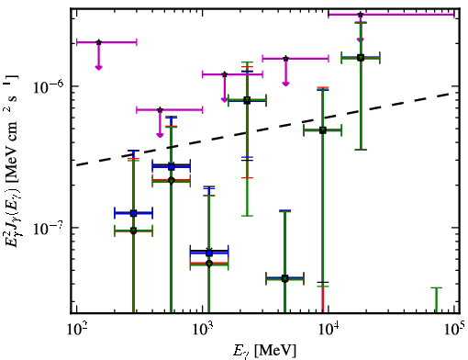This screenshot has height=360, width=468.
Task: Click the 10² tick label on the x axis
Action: tap(76, 330)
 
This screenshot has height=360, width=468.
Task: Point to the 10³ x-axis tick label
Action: tap(202, 330)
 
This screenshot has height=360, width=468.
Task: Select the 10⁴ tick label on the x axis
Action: tap(329, 330)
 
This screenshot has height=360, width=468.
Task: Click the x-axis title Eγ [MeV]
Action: tap(264, 351)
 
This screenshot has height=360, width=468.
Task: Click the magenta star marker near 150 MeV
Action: tap(98, 42)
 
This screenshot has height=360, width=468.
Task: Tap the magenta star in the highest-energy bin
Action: tap(361, 15)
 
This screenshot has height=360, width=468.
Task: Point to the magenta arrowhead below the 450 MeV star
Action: tap(160, 135)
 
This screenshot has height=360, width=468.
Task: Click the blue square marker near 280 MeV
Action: tap(133, 213)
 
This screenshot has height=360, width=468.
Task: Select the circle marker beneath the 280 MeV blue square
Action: tap(133, 231)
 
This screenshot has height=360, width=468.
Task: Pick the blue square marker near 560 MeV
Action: tap(172, 167)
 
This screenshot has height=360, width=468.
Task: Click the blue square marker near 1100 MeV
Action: tap(209, 253)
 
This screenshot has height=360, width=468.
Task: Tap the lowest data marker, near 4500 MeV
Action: tap(284, 278)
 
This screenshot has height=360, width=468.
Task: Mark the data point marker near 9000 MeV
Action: tap(322, 130)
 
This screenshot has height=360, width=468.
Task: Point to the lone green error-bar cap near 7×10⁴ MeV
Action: tap(437, 287)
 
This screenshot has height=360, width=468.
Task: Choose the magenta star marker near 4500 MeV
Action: tap(285, 59)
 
